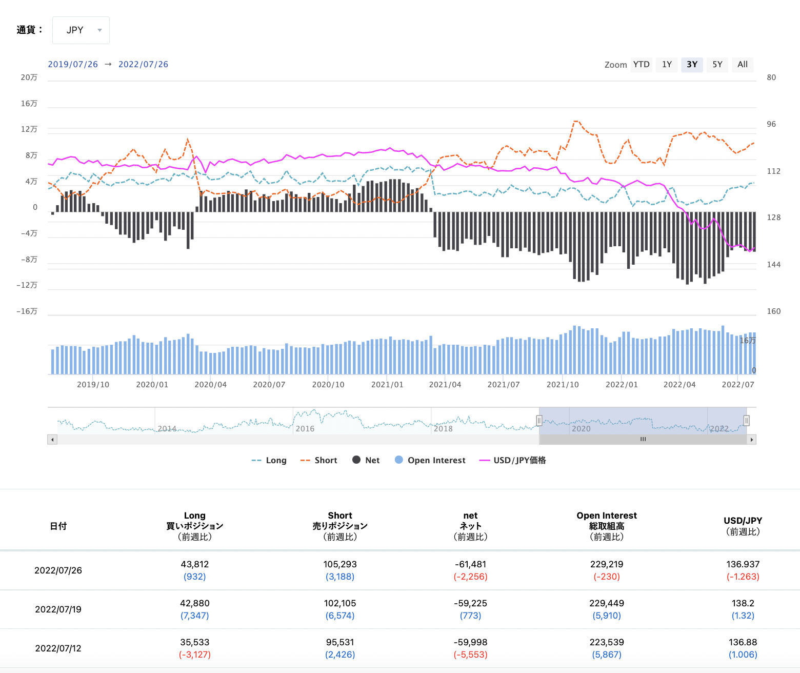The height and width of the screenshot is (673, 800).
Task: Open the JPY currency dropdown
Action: (81, 30)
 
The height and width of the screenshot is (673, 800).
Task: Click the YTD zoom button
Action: (641, 65)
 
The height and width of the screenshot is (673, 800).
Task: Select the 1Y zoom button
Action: (667, 65)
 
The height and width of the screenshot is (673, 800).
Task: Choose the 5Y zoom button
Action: (717, 65)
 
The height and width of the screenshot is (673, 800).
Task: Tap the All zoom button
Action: (742, 65)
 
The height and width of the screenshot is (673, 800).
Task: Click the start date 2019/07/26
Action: (73, 65)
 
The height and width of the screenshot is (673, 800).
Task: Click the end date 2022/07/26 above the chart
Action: (143, 65)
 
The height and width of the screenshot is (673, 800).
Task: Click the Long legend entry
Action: (269, 461)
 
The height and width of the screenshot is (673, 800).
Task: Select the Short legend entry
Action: (319, 461)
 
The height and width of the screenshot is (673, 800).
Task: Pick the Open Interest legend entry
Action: (430, 461)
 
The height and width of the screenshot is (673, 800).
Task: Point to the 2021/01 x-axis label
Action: (387, 385)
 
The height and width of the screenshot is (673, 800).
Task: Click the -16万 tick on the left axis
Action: (27, 311)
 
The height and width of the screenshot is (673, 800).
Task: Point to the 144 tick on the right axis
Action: (773, 265)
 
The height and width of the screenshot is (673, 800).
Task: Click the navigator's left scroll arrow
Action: (52, 440)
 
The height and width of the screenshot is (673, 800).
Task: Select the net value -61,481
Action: (470, 564)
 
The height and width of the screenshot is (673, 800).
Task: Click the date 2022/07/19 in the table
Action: (58, 609)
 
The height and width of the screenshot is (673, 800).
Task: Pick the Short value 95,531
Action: (340, 642)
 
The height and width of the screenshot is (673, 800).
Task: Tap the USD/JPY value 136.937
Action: (743, 564)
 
